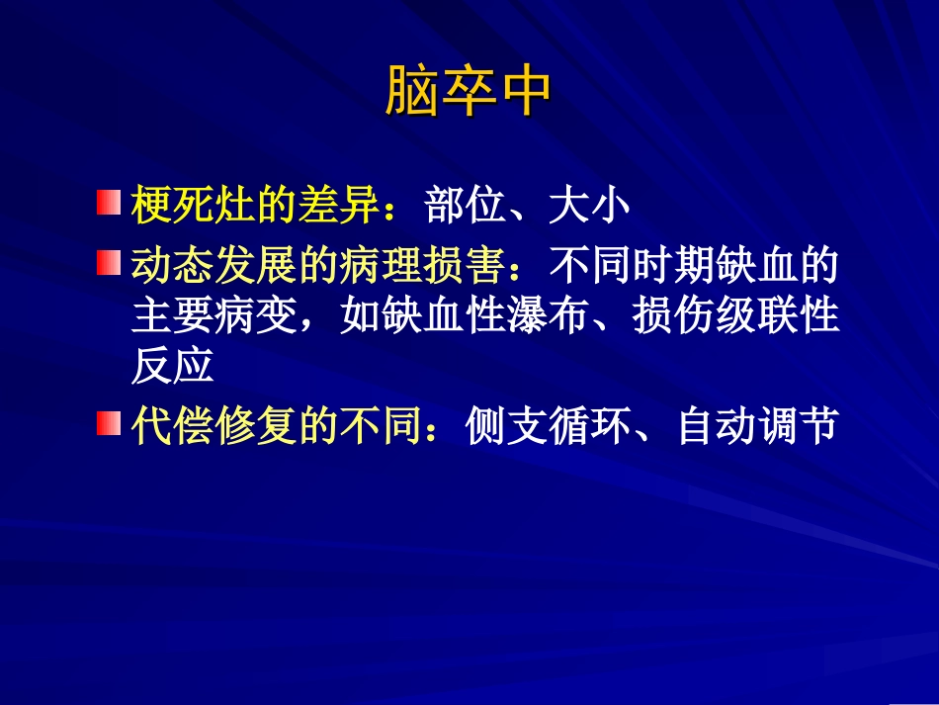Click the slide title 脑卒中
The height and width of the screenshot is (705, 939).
[468, 92]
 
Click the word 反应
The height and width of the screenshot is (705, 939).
[172, 367]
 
